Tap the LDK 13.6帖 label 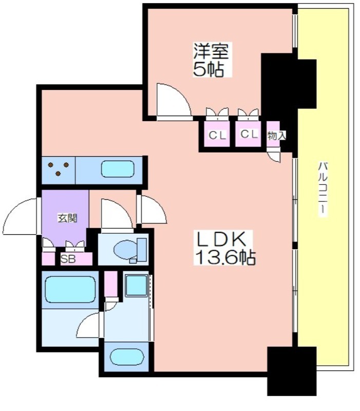(224, 248)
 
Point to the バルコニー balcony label (323, 189)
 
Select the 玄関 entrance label (67, 218)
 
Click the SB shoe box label (68, 259)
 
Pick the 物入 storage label (276, 136)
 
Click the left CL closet (217, 134)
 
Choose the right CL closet (248, 134)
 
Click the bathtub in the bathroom (70, 290)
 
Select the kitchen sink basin (118, 169)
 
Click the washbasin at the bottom (127, 357)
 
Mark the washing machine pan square (136, 285)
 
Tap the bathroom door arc (88, 325)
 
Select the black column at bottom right (292, 371)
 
